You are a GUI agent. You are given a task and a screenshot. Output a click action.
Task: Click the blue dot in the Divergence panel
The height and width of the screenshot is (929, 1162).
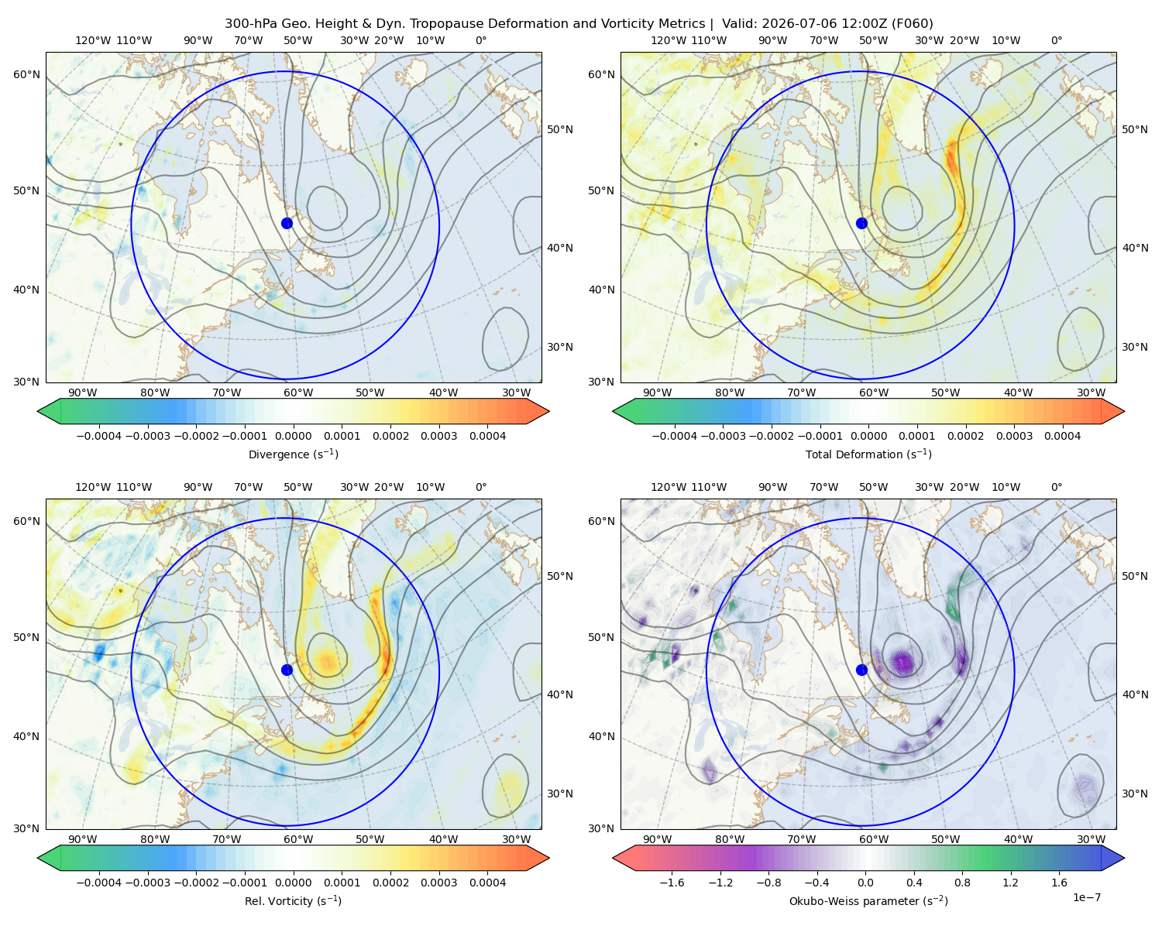[x=287, y=223]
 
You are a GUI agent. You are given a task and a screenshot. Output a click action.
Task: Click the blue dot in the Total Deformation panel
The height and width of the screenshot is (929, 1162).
[x=861, y=223]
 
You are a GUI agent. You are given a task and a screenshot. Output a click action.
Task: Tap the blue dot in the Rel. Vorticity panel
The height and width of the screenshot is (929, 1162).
[x=287, y=670]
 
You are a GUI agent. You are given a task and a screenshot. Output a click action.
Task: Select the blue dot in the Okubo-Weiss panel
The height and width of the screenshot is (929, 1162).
[x=861, y=670]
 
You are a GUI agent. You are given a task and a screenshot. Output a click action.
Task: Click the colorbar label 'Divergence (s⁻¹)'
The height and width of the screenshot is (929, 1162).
[x=293, y=454]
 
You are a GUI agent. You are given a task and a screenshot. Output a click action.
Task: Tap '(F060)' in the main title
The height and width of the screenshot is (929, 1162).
[x=912, y=24]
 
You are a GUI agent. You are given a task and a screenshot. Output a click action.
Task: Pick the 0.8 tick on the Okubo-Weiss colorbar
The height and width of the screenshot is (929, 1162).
[x=962, y=883]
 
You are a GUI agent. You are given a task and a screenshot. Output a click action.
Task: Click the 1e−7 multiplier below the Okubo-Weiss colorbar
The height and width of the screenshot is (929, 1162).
[x=1086, y=897]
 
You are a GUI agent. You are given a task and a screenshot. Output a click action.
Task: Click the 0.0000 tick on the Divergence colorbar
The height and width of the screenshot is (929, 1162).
[x=293, y=436]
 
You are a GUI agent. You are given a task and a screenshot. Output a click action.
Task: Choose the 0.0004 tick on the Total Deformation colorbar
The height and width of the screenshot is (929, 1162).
[x=1063, y=436]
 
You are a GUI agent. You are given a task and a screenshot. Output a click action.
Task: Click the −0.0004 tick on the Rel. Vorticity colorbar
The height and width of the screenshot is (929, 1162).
[x=99, y=883]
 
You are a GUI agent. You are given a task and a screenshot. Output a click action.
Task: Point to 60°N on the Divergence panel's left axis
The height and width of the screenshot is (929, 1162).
[x=26, y=74]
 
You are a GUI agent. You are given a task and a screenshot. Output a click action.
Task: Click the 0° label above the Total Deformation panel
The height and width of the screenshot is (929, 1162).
[x=1057, y=40]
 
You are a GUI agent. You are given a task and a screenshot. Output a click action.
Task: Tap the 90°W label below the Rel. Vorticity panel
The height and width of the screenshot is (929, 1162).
[x=83, y=839]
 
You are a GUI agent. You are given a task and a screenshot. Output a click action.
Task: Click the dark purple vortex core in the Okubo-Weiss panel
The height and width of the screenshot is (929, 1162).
[x=902, y=660]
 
